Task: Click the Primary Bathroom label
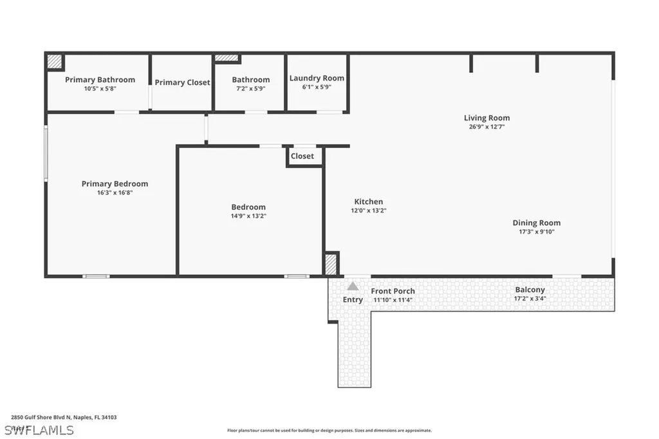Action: pos(100,80)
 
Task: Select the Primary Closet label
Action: pos(182,82)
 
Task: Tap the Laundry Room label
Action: pos(317,78)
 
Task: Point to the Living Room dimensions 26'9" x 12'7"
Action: pos(487,127)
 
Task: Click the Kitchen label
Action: pos(368,201)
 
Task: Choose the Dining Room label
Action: pos(536,223)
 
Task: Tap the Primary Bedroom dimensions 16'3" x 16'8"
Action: pos(115,192)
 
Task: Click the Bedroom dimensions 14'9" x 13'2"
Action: pos(248,216)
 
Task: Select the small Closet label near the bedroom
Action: pos(302,156)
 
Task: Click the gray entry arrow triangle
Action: pos(353,286)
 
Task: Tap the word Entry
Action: pos(353,299)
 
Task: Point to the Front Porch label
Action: pos(393,291)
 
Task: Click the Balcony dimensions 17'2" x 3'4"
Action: pos(530,299)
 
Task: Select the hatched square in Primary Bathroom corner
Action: pos(55,61)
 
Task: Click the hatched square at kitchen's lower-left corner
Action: pos(331,264)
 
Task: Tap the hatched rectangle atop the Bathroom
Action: pos(227,58)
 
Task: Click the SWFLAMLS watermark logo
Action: pos(39,429)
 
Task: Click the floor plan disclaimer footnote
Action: pos(329,431)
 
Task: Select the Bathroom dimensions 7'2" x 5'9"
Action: pos(250,88)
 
